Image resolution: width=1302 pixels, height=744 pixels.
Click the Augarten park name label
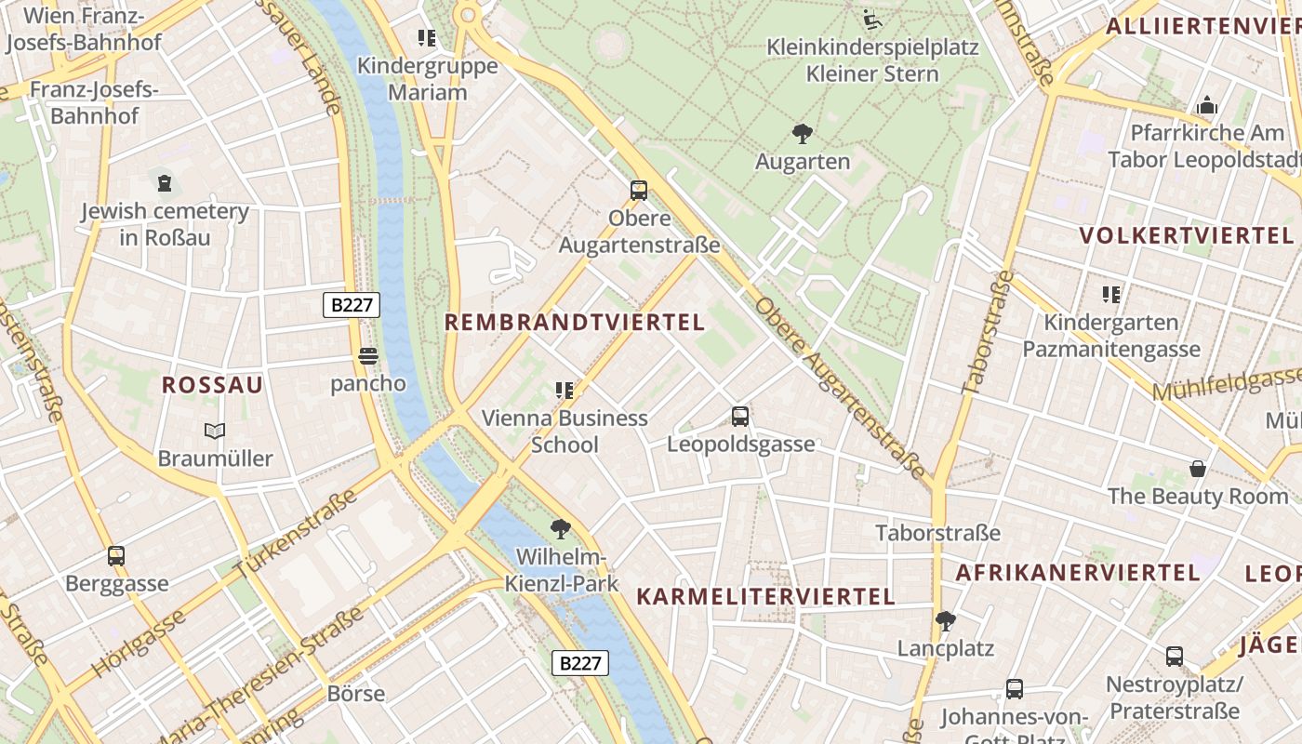(x=802, y=162)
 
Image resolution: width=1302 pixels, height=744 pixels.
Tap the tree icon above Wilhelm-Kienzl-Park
(x=560, y=529)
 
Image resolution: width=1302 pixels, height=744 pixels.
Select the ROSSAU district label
(x=212, y=385)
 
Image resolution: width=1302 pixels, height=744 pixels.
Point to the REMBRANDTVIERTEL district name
(x=575, y=323)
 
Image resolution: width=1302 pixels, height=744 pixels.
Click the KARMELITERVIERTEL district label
(x=765, y=596)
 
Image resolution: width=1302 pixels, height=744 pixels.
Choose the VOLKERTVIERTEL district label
(x=1187, y=235)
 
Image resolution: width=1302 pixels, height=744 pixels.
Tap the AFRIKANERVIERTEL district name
(x=1078, y=572)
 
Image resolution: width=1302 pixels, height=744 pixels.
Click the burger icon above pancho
(x=368, y=356)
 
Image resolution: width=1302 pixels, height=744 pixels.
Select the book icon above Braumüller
(x=215, y=432)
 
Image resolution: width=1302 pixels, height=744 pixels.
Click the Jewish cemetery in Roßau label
(x=165, y=224)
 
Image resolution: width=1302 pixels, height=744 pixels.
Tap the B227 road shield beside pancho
(x=352, y=305)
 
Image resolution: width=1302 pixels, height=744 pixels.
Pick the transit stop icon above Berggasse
(x=116, y=556)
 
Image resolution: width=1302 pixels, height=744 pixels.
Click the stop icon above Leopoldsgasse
(x=740, y=417)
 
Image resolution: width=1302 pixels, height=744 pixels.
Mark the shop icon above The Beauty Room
(x=1198, y=469)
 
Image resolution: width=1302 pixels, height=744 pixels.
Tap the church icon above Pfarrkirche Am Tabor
(x=1207, y=105)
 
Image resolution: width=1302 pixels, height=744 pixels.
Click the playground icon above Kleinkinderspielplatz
(x=871, y=20)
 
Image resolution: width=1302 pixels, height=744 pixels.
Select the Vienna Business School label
(x=565, y=432)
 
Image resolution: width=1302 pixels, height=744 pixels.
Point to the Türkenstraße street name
(x=296, y=531)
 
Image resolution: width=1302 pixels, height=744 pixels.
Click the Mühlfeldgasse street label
(x=1226, y=382)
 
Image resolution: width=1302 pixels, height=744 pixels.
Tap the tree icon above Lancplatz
(x=946, y=620)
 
